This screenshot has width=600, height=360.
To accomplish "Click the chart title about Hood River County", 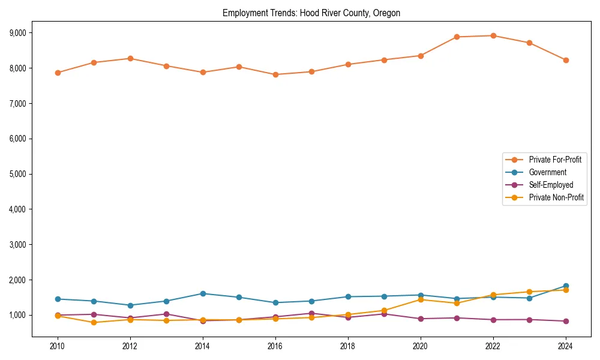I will (x=311, y=13).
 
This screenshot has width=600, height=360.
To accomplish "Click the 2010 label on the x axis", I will (x=58, y=346).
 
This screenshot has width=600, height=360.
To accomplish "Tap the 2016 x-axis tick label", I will (x=275, y=346).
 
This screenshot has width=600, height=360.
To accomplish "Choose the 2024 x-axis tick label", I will (x=565, y=346).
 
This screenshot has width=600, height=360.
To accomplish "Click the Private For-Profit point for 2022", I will (x=493, y=35).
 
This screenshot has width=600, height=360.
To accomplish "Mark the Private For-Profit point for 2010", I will (x=58, y=73).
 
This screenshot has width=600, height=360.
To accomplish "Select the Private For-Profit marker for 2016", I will (x=275, y=74).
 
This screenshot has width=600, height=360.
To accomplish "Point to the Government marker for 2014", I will (x=203, y=293).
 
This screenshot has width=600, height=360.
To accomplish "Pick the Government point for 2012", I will (x=130, y=305).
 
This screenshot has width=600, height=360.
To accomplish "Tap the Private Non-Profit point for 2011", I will (x=94, y=323).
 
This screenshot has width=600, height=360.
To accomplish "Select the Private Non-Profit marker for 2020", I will (x=421, y=299).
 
